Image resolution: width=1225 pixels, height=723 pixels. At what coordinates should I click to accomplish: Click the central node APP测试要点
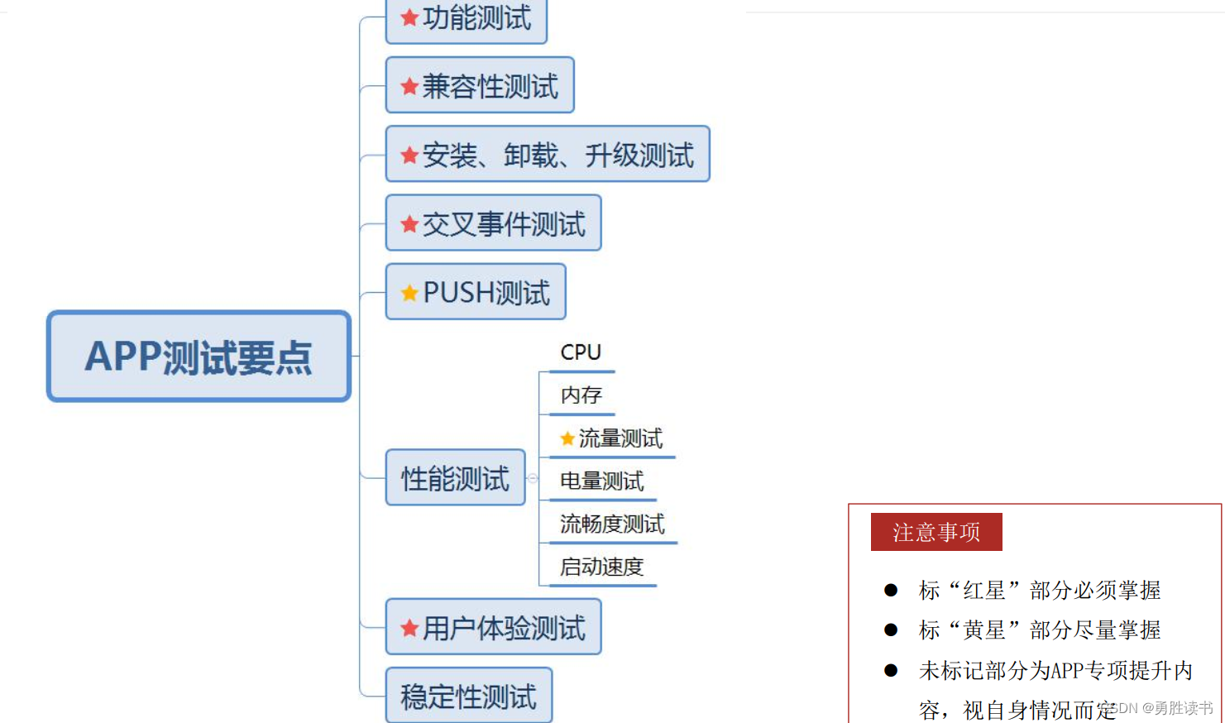(x=199, y=357)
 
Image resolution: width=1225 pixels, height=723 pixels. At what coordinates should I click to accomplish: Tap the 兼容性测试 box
(x=480, y=85)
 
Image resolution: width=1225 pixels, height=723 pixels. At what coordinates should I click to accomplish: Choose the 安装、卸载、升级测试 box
(x=548, y=155)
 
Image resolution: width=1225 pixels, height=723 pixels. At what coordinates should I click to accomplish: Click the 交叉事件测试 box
(x=493, y=223)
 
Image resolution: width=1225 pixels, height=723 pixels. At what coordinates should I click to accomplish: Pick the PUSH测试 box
(x=476, y=292)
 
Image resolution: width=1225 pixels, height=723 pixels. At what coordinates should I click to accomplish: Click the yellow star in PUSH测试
(x=409, y=293)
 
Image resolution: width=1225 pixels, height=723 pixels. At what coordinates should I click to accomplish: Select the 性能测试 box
(x=455, y=478)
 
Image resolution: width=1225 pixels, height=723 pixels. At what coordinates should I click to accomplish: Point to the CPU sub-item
(x=581, y=352)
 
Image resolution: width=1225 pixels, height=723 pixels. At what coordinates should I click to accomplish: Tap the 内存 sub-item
(x=581, y=395)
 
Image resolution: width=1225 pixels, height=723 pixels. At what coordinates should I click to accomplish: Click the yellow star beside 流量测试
(x=567, y=438)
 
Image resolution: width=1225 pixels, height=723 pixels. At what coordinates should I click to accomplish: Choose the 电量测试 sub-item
(x=601, y=481)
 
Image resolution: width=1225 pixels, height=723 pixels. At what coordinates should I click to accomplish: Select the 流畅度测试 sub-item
(x=612, y=524)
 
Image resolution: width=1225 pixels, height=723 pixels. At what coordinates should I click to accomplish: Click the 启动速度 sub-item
(x=601, y=567)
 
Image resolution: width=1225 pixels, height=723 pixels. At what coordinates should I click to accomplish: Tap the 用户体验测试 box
(x=493, y=628)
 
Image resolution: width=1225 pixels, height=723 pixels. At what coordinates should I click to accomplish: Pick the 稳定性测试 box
(x=468, y=697)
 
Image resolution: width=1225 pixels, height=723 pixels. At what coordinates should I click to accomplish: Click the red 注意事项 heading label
(x=936, y=532)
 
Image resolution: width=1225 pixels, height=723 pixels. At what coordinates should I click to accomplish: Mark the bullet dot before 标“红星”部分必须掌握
(x=891, y=590)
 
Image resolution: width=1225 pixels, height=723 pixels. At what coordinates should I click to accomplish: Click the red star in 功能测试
(x=409, y=17)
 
